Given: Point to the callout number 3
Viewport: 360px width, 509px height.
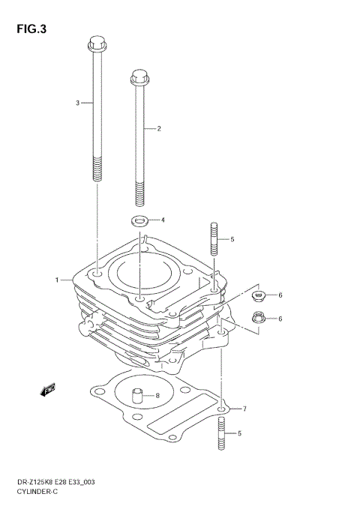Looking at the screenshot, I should click(x=77, y=102).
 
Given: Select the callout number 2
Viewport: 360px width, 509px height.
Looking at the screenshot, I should click(x=159, y=129).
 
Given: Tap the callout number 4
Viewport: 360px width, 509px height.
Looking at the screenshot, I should click(x=163, y=220).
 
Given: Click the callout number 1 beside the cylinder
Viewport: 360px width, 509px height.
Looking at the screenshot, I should click(x=56, y=280).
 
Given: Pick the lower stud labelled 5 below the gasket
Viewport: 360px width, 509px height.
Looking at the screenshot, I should click(x=222, y=434).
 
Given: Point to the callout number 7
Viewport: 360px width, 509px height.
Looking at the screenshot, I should click(x=243, y=409).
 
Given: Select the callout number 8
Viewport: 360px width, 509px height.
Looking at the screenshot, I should click(x=157, y=396).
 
